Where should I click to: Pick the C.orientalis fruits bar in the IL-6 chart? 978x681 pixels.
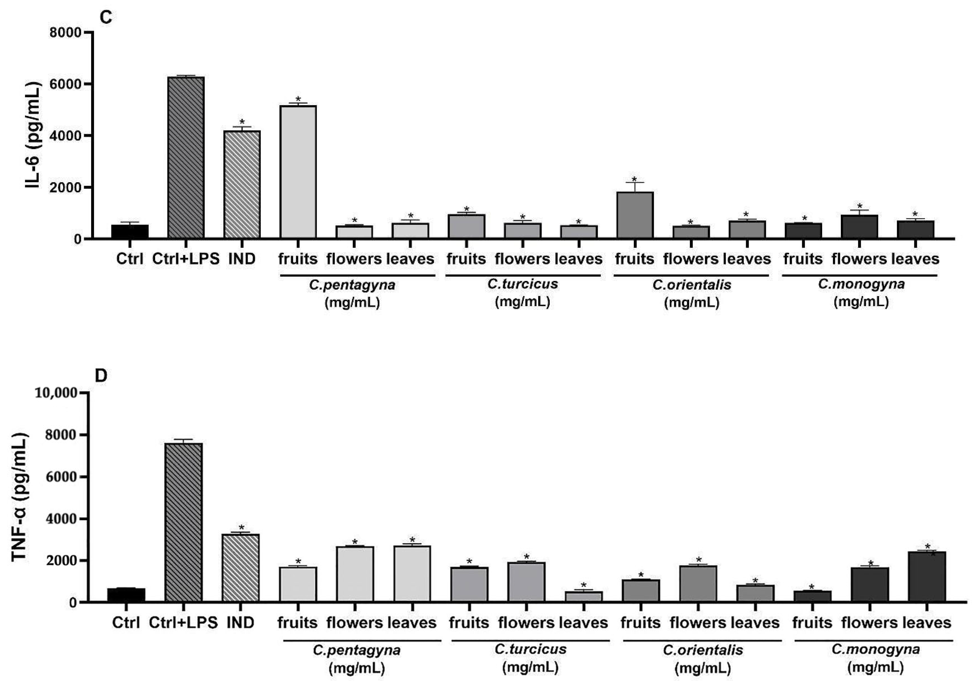point(635,215)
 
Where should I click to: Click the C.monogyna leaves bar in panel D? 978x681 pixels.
point(927,577)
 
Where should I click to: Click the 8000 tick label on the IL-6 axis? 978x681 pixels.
point(65,33)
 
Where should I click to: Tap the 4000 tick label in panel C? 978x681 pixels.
point(65,136)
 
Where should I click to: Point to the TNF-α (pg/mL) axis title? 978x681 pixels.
point(20,497)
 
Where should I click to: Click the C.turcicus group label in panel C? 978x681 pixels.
point(523,284)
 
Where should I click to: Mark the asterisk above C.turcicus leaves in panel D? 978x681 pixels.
point(584,585)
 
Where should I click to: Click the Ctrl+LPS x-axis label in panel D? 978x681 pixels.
point(183,623)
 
